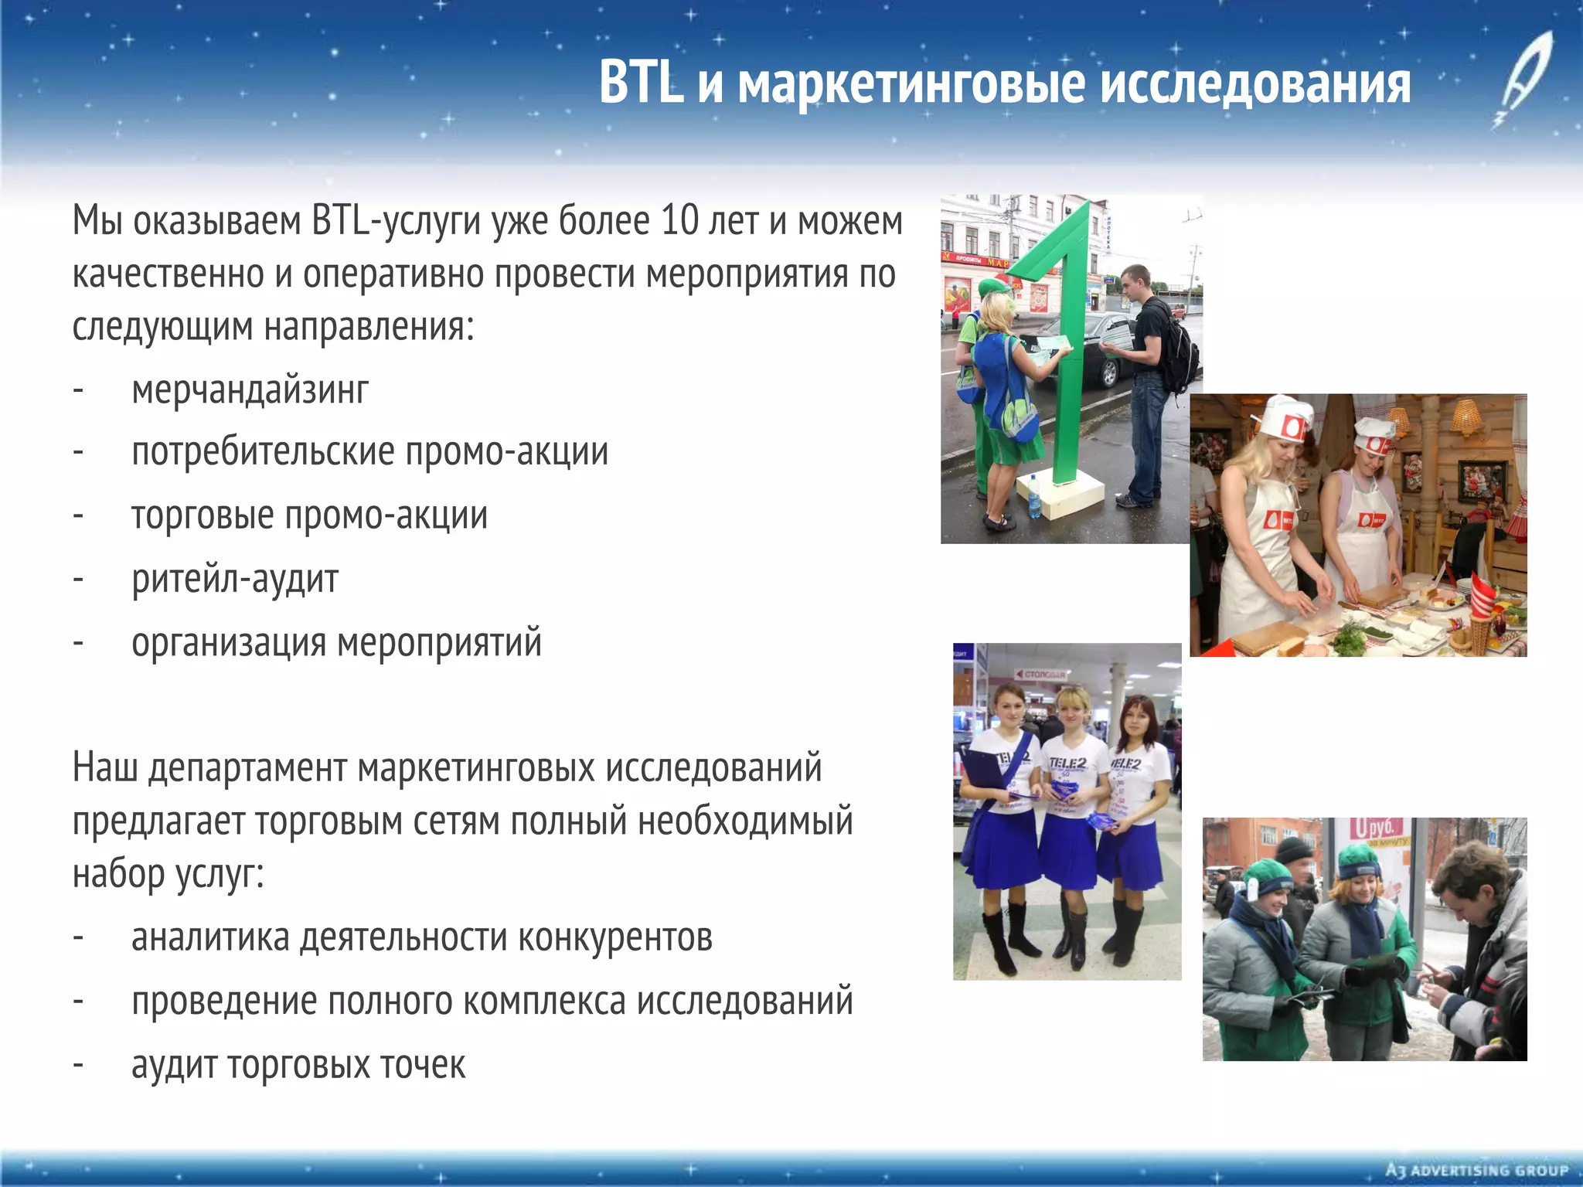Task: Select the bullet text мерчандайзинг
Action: click(x=250, y=389)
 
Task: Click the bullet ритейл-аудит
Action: click(x=235, y=579)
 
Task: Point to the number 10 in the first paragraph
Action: click(x=680, y=221)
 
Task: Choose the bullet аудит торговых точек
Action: click(x=298, y=1065)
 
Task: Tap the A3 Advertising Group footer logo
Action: click(x=1476, y=1170)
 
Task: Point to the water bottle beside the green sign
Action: click(x=1034, y=497)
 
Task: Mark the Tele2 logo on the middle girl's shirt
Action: click(x=1067, y=764)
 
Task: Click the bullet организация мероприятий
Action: click(x=336, y=642)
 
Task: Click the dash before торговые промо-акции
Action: click(x=78, y=515)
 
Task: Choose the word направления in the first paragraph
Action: click(x=369, y=327)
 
